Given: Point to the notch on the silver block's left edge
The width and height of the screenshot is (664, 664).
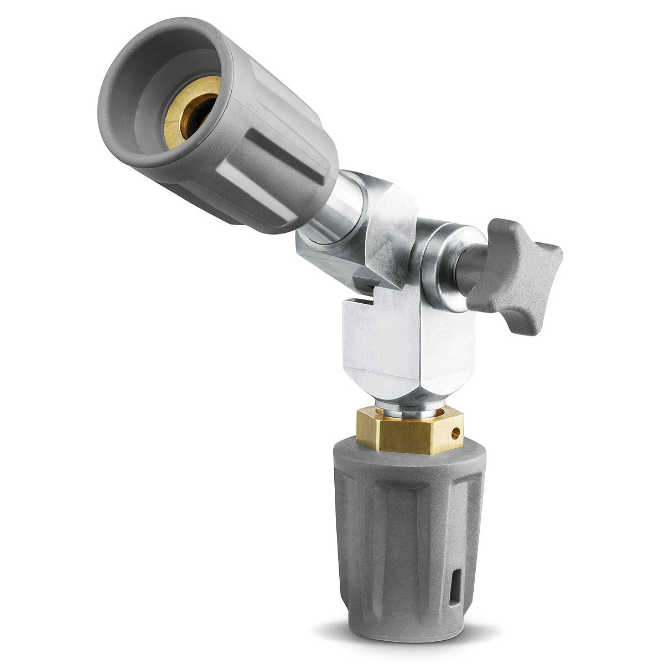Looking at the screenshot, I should point(354,302).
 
